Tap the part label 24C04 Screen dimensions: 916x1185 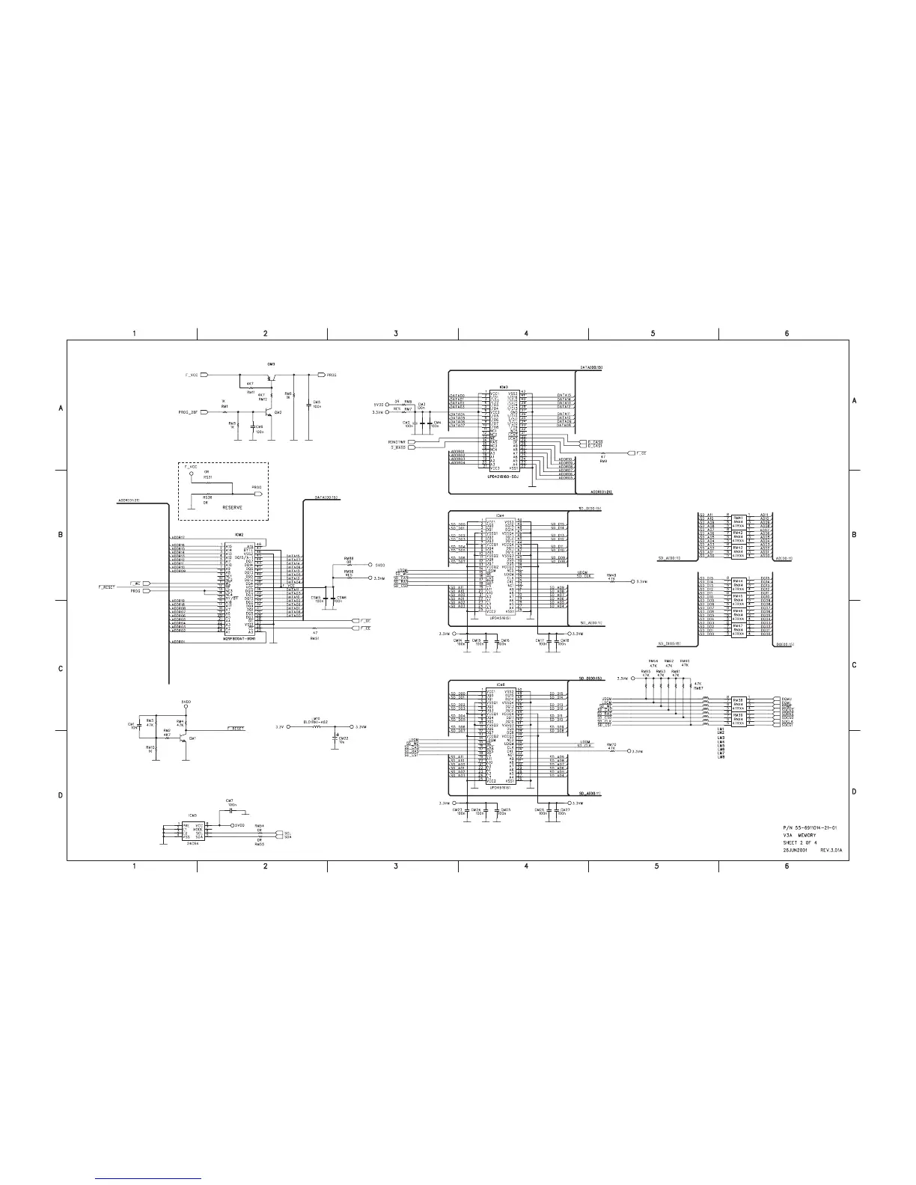(192, 842)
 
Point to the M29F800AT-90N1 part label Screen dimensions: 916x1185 (245, 639)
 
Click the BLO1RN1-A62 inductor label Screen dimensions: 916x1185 (317, 722)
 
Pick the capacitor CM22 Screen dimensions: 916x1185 (335, 736)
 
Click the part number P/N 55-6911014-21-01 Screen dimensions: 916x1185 (815, 827)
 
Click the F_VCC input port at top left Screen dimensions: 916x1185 (202, 373)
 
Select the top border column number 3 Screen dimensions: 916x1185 (396, 333)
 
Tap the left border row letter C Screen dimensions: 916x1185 (61, 668)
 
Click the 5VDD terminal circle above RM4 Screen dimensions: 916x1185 (187, 708)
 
